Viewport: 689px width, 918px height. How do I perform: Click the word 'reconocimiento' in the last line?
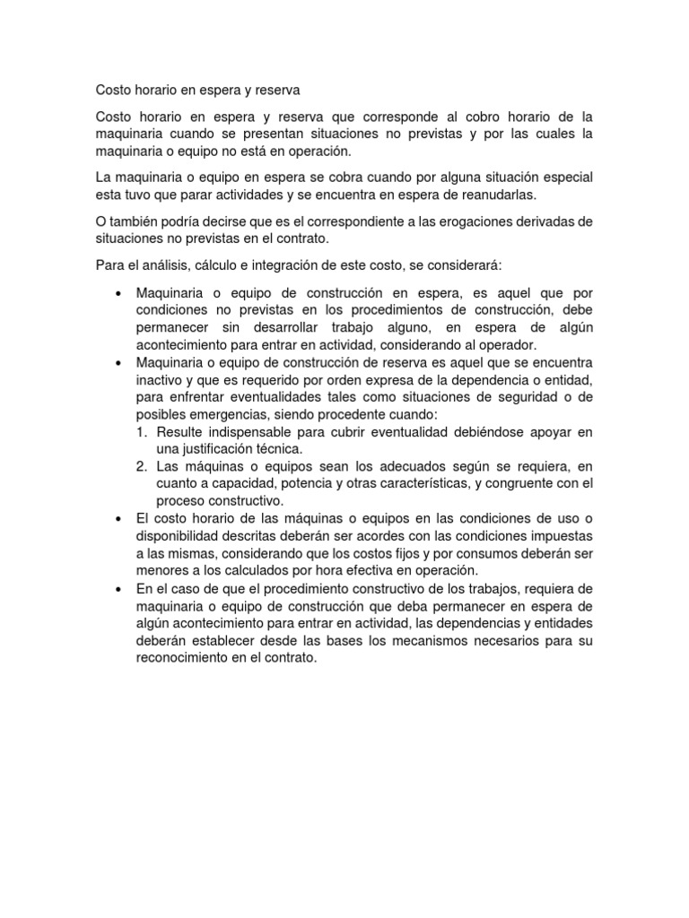pos(184,656)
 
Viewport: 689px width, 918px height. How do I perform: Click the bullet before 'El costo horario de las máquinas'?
pos(119,519)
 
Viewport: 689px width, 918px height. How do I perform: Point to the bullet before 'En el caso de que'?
pos(119,588)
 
